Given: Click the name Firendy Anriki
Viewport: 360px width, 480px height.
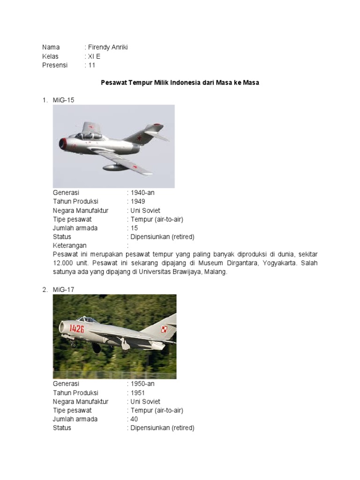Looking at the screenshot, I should click(x=107, y=47).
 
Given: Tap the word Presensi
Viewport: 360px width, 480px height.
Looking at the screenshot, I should click(x=55, y=65).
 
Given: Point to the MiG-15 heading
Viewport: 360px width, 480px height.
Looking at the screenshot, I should click(x=64, y=100).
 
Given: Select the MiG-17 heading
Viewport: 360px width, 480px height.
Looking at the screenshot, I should click(x=64, y=290).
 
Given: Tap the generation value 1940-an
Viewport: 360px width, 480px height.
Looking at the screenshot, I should click(x=142, y=193).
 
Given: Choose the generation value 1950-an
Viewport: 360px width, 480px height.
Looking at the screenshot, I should click(x=142, y=384).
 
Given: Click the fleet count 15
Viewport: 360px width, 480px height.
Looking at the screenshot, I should click(x=135, y=228).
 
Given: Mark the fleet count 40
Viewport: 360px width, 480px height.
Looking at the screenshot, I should click(x=135, y=419).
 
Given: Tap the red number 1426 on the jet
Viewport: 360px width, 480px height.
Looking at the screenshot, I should click(x=77, y=328).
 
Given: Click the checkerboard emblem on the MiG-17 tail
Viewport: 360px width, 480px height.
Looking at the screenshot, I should click(x=164, y=329).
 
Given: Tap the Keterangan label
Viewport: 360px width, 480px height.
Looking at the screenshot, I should click(x=70, y=246).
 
